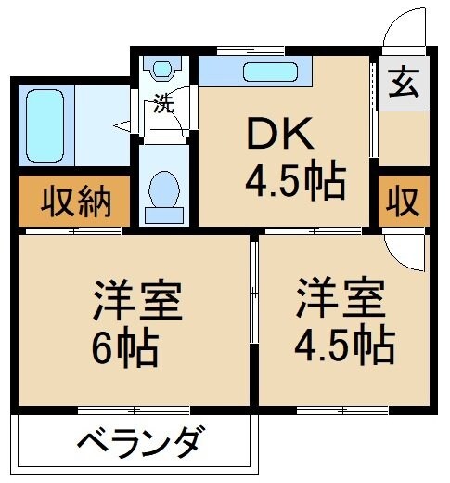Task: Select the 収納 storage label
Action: pyautogui.click(x=70, y=202)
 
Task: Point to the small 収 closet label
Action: pyautogui.click(x=403, y=202)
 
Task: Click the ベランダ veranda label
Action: pyautogui.click(x=137, y=441)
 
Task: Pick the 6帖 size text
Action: pyautogui.click(x=125, y=350)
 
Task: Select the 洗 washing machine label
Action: pyautogui.click(x=164, y=103)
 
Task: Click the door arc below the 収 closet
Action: pyautogui.click(x=401, y=249)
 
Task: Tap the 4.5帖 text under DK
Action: pyautogui.click(x=295, y=179)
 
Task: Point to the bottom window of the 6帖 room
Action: pyautogui.click(x=135, y=410)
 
